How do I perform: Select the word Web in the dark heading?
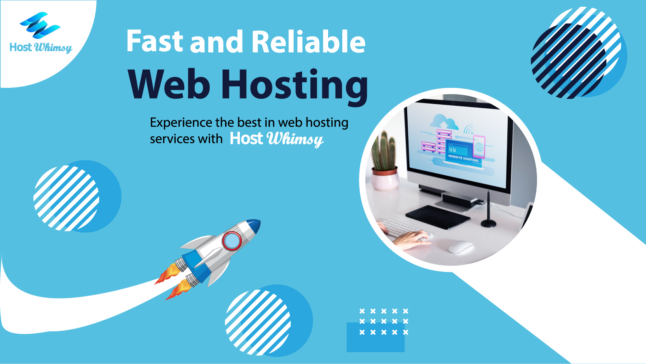169,84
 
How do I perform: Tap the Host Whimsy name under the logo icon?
41,48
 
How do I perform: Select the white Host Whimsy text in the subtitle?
277,139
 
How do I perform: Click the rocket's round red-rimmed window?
232,241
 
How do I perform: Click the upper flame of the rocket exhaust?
167,273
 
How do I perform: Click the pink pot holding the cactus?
385,179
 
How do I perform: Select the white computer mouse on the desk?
461,247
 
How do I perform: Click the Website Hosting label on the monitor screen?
463,158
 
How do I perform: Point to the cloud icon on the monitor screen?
444,121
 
